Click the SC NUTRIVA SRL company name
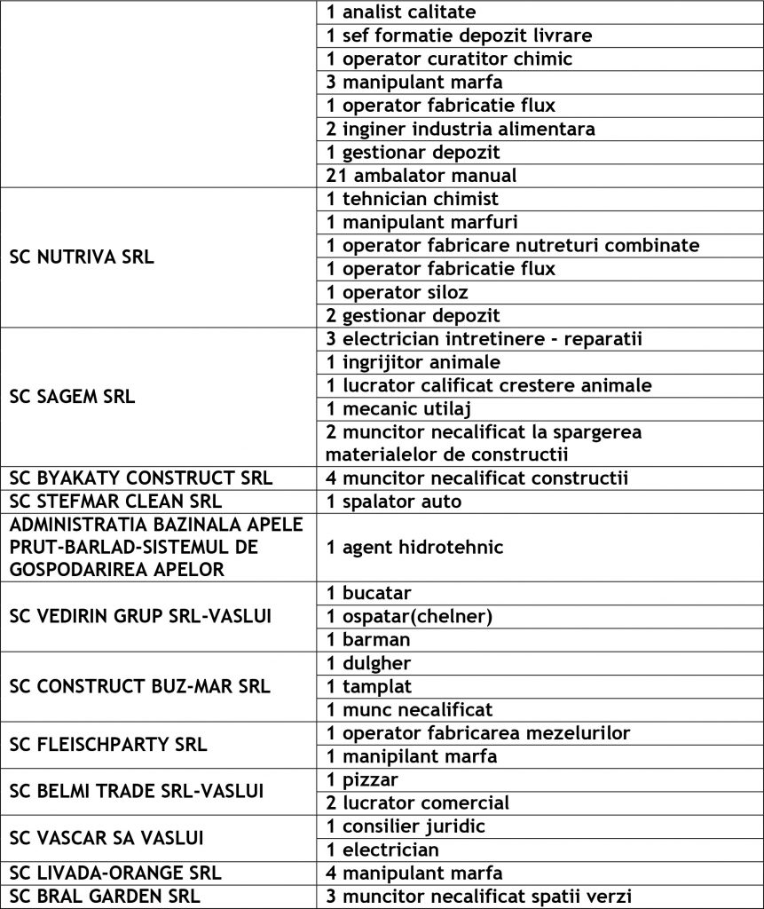[x=82, y=257]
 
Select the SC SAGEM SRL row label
[x=73, y=397]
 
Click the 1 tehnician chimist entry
[x=413, y=199]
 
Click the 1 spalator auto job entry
[x=394, y=502]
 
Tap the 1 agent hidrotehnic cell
[x=415, y=548]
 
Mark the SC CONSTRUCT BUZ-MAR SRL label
[x=139, y=686]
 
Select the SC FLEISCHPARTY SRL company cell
[x=108, y=744]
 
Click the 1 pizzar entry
[x=363, y=780]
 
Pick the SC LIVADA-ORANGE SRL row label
[x=115, y=873]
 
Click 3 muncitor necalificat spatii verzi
[x=479, y=896]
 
